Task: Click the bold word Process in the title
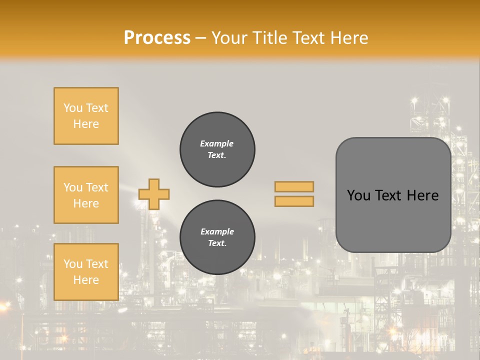coord(157,38)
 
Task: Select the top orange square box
coord(86,116)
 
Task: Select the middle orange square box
coord(86,195)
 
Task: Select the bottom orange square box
coord(86,271)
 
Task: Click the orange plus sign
coord(154,194)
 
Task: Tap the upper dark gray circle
coord(217,149)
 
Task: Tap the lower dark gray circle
coord(217,237)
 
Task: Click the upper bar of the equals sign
coord(294,186)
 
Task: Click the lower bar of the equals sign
coord(294,201)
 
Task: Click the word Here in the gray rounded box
coord(422,195)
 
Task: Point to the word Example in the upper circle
coord(217,143)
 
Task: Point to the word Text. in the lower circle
coord(217,243)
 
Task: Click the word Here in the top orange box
coord(86,124)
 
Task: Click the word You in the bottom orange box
coord(73,264)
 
